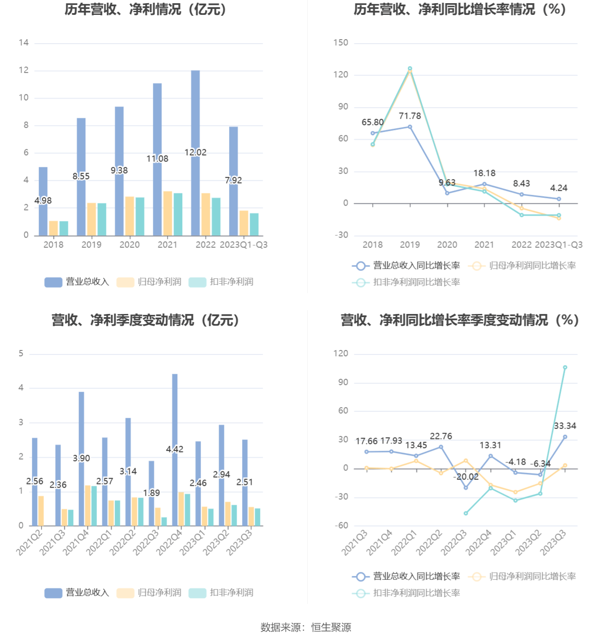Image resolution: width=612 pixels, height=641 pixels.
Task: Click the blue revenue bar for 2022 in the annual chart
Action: tap(195, 112)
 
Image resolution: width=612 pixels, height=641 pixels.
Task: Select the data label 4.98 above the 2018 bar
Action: tap(43, 201)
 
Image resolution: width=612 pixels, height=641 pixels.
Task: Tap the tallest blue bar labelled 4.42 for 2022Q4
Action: tap(175, 414)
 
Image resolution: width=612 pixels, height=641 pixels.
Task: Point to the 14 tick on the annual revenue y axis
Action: tap(23, 43)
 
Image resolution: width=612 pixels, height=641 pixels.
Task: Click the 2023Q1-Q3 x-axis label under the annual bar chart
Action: tap(243, 245)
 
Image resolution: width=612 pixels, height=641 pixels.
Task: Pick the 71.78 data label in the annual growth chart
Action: tap(409, 116)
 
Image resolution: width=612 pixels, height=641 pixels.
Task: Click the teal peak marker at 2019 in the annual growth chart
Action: tap(410, 68)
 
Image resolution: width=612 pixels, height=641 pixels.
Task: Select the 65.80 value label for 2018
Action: tap(373, 122)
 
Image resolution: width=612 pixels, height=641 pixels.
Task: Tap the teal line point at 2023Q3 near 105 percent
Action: tap(565, 368)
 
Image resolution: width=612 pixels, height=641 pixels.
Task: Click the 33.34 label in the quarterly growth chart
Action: tap(565, 426)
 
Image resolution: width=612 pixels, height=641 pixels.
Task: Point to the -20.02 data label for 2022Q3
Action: tap(466, 477)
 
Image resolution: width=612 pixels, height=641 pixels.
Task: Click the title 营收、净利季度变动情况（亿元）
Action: tap(145, 320)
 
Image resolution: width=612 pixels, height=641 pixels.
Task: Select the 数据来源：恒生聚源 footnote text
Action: tap(306, 627)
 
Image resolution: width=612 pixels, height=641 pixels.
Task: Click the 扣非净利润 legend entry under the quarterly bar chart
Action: tap(221, 592)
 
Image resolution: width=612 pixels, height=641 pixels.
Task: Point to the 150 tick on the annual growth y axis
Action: tap(341, 43)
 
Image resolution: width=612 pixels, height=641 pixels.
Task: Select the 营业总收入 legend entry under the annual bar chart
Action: tap(77, 282)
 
